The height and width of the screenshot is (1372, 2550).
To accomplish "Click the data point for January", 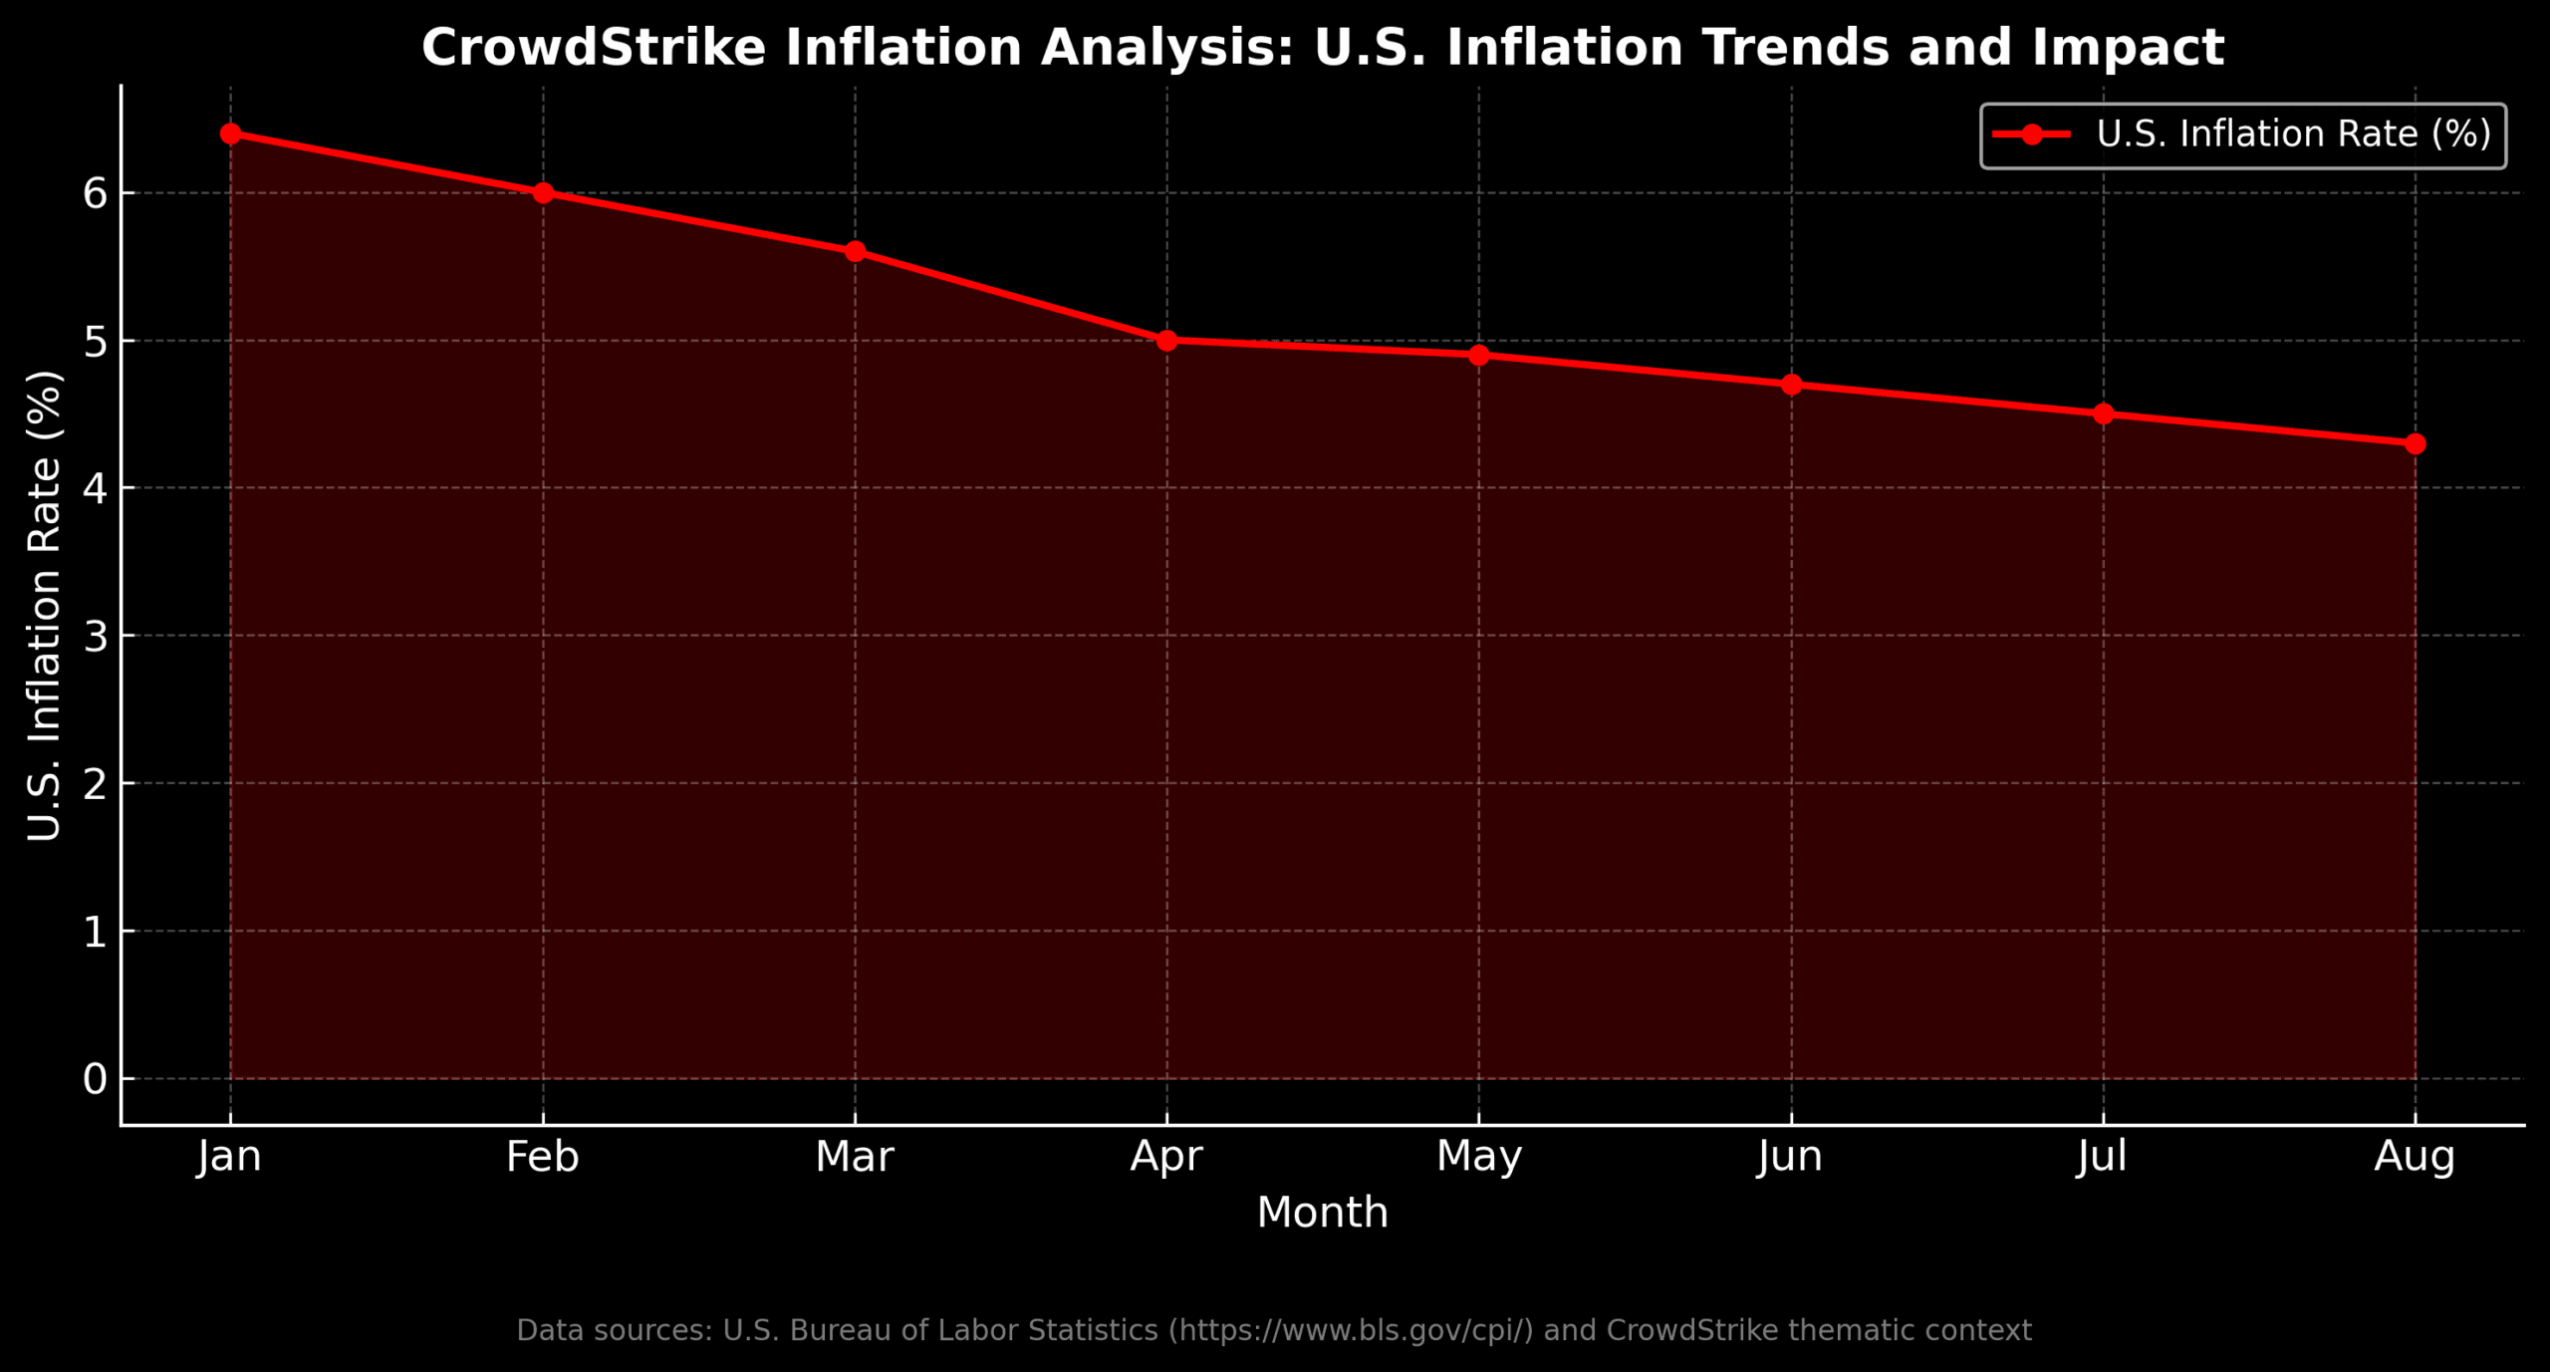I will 230,134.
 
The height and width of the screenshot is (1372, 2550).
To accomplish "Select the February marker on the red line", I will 543,192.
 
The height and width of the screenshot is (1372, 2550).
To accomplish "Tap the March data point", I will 855,251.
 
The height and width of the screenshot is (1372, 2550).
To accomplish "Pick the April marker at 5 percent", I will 1167,341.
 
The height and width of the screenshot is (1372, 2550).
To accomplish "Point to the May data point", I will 1479,355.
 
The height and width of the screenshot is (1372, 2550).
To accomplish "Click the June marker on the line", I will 1791,385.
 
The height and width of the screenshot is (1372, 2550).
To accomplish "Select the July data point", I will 2103,413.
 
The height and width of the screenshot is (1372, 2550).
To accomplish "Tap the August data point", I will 2415,443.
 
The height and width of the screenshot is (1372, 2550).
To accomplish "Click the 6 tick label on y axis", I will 95,193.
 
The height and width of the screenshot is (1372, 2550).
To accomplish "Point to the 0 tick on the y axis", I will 95,1079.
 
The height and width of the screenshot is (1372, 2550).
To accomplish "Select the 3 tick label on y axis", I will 95,636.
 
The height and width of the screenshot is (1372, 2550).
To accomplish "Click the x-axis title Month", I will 1322,1214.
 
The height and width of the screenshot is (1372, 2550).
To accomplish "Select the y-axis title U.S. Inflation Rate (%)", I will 45,606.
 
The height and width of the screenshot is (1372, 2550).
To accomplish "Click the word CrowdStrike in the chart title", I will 594,48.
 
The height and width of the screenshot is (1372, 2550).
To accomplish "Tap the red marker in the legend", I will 2032,135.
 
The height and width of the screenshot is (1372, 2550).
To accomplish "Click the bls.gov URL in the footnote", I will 1351,1331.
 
